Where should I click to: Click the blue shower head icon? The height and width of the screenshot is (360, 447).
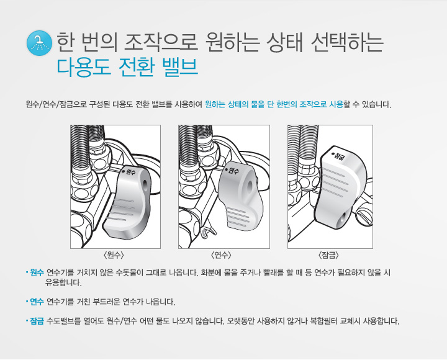(x=39, y=43)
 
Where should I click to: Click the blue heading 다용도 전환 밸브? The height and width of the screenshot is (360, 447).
(x=127, y=67)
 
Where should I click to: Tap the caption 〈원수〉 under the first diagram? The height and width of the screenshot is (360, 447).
(x=114, y=254)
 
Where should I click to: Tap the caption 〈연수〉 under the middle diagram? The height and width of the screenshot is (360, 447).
(x=221, y=254)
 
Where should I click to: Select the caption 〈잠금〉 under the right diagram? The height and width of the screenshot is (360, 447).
(x=328, y=254)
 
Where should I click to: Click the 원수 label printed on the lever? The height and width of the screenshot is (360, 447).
(x=129, y=171)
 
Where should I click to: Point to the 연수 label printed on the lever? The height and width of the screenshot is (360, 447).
(x=232, y=171)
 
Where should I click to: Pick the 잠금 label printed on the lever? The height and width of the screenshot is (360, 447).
(x=338, y=155)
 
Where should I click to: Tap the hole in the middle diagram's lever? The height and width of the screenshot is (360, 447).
(x=250, y=186)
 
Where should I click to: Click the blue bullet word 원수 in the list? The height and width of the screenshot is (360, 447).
(x=37, y=272)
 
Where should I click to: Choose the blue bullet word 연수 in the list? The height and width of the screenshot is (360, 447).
(x=37, y=301)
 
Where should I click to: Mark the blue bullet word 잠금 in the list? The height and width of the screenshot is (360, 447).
(x=37, y=321)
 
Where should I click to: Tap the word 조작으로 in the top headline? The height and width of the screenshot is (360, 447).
(x=161, y=42)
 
